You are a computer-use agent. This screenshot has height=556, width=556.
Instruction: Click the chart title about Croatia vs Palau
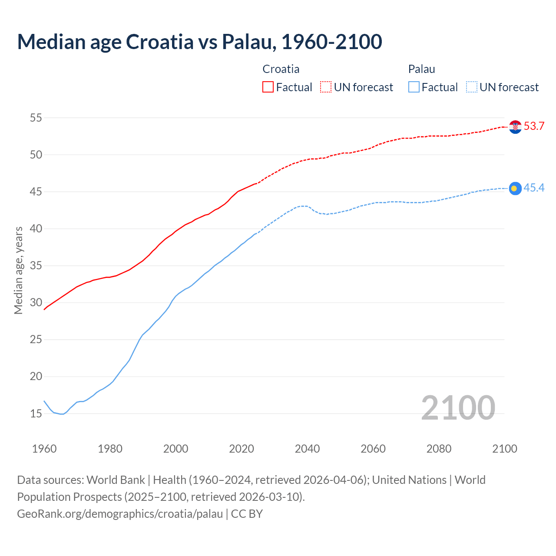199,42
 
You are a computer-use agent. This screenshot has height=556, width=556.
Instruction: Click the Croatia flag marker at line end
515,127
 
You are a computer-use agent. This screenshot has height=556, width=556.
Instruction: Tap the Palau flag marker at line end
515,188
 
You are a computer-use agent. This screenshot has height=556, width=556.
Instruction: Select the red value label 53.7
534,126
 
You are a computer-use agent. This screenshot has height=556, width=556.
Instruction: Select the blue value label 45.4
534,188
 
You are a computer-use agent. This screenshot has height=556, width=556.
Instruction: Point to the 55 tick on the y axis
36,118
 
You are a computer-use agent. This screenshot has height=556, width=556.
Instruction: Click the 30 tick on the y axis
36,302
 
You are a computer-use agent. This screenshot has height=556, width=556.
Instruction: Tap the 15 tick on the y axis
36,414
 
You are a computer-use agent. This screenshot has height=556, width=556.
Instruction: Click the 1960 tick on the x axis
44,449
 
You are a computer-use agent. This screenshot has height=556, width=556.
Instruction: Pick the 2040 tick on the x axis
307,449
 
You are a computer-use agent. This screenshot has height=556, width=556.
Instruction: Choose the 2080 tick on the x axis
439,449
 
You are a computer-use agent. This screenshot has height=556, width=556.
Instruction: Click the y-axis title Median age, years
18,270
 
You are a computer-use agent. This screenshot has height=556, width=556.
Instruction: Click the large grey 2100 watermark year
458,407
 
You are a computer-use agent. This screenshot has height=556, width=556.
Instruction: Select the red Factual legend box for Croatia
268,87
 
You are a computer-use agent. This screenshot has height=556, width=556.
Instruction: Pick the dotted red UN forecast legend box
326,87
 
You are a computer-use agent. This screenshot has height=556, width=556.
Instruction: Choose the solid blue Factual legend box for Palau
414,87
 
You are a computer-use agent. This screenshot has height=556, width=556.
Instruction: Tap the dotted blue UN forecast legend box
472,87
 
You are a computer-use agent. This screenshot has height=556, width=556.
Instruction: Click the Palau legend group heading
421,69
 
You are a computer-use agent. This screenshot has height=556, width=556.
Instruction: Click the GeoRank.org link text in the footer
119,514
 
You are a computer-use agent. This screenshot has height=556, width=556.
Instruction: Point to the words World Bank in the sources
116,480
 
